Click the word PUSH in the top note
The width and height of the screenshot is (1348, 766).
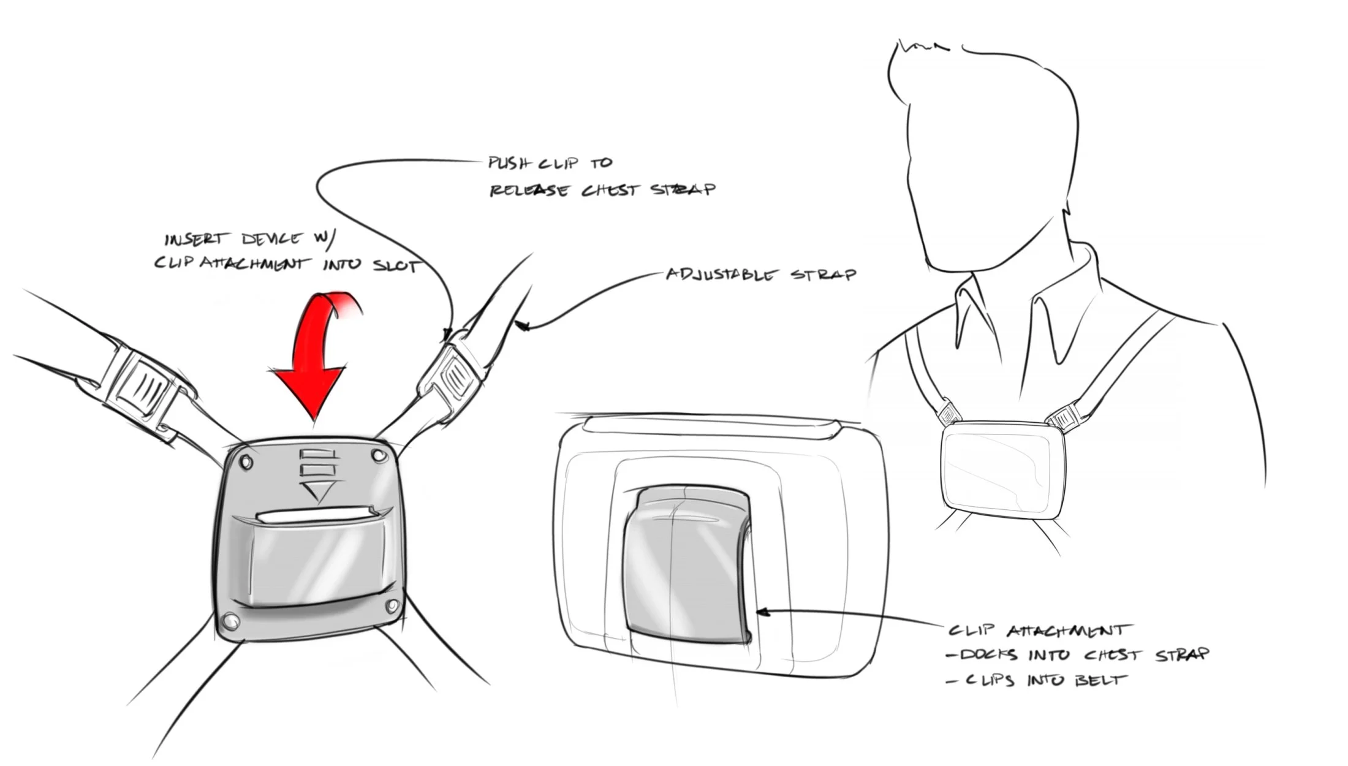point(506,163)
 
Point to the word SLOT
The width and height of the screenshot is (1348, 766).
point(396,267)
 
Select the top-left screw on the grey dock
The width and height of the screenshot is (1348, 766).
point(247,461)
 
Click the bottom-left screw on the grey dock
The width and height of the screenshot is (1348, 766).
point(230,622)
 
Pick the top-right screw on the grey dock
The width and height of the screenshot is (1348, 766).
point(377,457)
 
